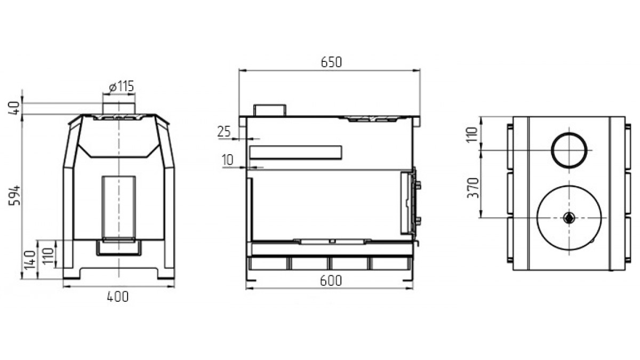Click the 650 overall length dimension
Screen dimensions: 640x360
point(331,62)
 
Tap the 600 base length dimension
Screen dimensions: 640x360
point(331,281)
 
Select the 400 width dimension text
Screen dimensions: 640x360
point(118,297)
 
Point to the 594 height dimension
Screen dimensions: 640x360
point(14,195)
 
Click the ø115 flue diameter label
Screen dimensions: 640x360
point(122,86)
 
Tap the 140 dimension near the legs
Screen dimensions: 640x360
point(29,260)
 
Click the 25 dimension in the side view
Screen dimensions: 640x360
point(224,132)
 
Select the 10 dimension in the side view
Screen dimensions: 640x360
point(228,160)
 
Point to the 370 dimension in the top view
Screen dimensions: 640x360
point(473,188)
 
